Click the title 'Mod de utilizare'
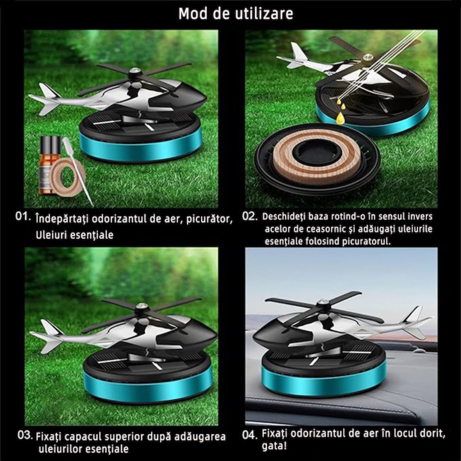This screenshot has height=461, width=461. pos(236,14)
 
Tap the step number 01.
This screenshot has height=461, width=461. pos(23,216)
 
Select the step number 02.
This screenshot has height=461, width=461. pos(250,216)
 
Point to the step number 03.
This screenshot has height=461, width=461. pos(25,436)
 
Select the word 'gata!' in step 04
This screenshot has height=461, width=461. pos(274,446)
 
